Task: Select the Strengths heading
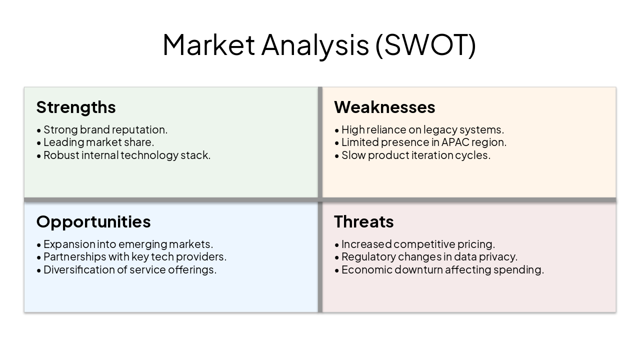pos(76,107)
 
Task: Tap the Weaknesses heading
pos(384,107)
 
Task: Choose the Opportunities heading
pos(93,221)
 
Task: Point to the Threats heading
pos(363,221)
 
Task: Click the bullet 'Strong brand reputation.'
pos(105,129)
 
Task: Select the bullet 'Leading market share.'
pos(98,142)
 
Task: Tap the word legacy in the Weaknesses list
pos(440,129)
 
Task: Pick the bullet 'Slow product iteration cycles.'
pos(415,155)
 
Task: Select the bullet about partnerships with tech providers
pos(134,256)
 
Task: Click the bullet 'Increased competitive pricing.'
pos(418,244)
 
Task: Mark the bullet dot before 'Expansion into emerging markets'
pos(39,245)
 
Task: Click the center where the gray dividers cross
pos(320,200)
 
